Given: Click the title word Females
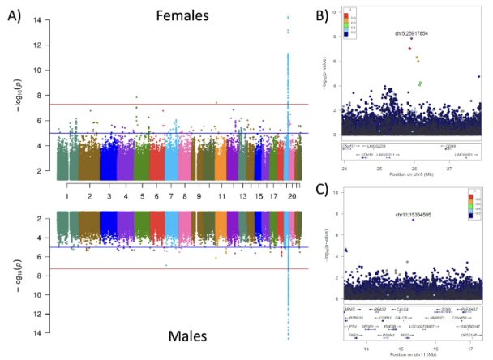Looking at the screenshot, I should tap(184, 15).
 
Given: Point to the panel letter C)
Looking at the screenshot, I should tap(323, 191).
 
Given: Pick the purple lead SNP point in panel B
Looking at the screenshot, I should tap(411, 39).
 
